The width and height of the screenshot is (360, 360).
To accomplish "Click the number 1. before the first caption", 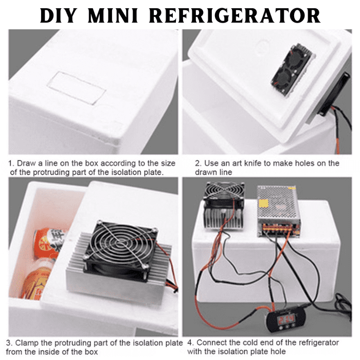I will click(x=11, y=163).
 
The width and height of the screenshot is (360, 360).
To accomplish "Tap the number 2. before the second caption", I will click(x=197, y=163).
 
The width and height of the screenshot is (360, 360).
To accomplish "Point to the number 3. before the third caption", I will click(x=9, y=342).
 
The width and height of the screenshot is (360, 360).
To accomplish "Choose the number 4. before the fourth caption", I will click(x=190, y=342).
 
